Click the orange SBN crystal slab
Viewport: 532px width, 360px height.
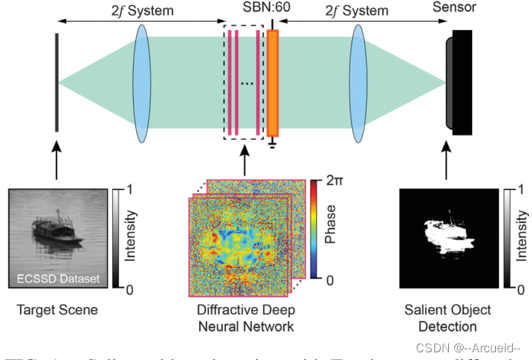pos(272,81)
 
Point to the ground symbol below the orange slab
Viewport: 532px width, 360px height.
pos(272,144)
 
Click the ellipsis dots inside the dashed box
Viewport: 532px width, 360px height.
pos(247,82)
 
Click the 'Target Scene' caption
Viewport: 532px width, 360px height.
pos(55,311)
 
